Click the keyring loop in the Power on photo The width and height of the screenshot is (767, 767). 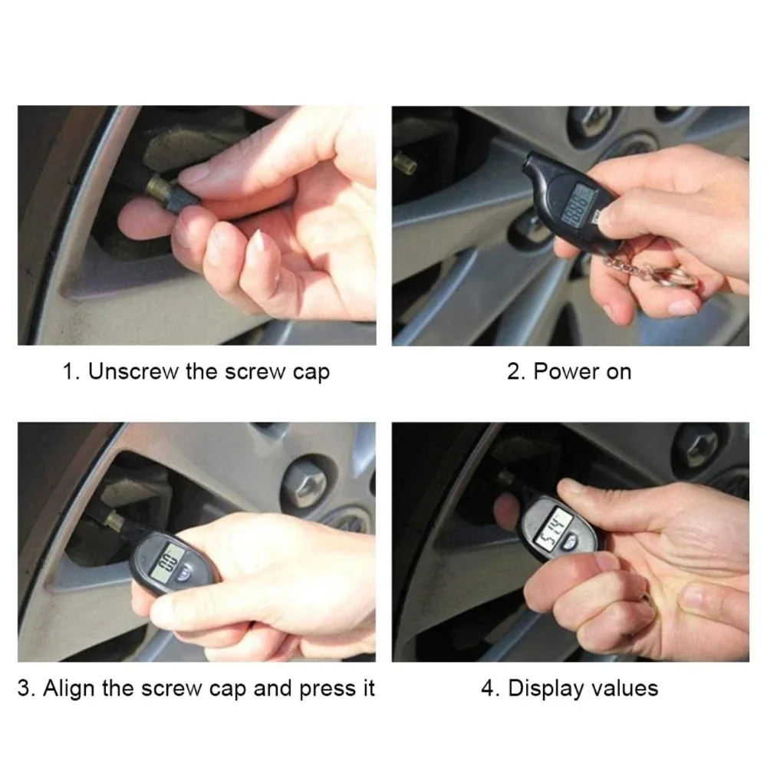(x=676, y=277)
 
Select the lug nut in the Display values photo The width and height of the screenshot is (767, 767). (x=694, y=445)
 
